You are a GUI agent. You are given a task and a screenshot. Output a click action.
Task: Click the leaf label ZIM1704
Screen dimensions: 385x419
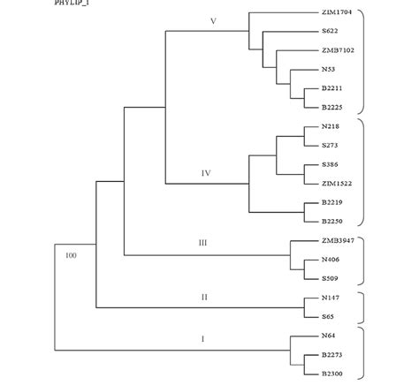pos(337,13)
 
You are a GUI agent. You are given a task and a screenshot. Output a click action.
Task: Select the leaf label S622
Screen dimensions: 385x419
pos(330,32)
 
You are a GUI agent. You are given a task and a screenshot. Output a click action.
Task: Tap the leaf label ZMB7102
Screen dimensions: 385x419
pos(338,50)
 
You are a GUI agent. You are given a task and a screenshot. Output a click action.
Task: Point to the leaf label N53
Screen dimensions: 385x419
pos(328,69)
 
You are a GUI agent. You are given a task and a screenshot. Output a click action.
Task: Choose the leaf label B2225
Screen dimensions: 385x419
pos(331,107)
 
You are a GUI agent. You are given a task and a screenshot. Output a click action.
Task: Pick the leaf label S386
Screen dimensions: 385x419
pos(330,165)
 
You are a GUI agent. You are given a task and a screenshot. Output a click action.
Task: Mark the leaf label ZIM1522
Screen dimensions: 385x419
pos(337,183)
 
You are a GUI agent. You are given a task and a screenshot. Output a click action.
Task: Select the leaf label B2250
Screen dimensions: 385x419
pos(331,222)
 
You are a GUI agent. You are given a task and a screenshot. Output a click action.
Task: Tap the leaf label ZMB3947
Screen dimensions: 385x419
pos(338,241)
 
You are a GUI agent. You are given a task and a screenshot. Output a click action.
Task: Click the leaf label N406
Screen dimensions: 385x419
pos(331,260)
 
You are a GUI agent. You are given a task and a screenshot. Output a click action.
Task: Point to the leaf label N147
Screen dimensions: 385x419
pos(331,298)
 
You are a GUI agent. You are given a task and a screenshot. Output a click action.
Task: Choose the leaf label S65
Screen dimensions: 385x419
pos(327,315)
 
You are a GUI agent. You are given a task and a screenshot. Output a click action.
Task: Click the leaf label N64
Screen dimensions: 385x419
pos(328,336)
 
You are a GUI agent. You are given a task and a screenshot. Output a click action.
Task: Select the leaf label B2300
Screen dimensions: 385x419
pos(331,374)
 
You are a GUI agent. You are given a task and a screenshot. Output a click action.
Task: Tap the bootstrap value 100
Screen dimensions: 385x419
pos(72,256)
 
